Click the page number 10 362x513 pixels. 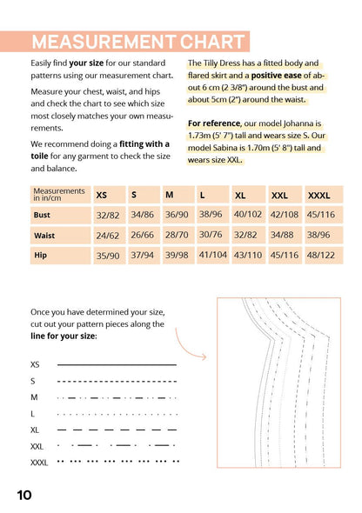pyautogui.click(x=24, y=495)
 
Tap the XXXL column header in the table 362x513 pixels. pyautogui.click(x=318, y=196)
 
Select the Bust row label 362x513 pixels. pyautogui.click(x=42, y=215)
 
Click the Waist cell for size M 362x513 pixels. pyautogui.click(x=177, y=235)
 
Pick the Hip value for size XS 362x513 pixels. pyautogui.click(x=108, y=255)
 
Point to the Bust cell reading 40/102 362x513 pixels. pyautogui.click(x=248, y=214)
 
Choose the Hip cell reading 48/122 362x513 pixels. pyautogui.click(x=321, y=255)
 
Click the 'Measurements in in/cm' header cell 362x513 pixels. pyautogui.click(x=59, y=195)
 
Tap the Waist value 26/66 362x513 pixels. pyautogui.click(x=143, y=235)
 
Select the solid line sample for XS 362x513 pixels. pyautogui.click(x=117, y=364)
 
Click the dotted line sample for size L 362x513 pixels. pyautogui.click(x=117, y=414)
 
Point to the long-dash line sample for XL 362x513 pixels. pyautogui.click(x=117, y=430)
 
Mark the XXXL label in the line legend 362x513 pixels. pyautogui.click(x=39, y=463)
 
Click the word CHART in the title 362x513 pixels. pyautogui.click(x=212, y=42)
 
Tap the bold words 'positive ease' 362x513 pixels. pyautogui.click(x=276, y=76)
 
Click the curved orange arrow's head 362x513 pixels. pyautogui.click(x=204, y=357)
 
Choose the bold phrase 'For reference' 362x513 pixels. pyautogui.click(x=214, y=123)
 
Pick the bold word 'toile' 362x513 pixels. pyautogui.click(x=39, y=156)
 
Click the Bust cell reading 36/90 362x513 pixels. pyautogui.click(x=177, y=215)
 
